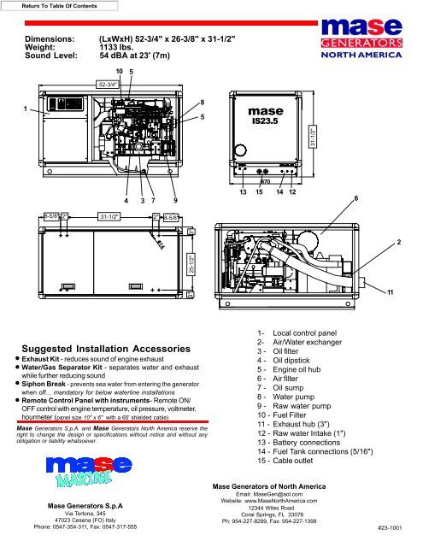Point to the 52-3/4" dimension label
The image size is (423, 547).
coord(108,85)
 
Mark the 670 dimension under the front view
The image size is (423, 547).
coord(265,181)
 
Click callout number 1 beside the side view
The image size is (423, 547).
coord(26,108)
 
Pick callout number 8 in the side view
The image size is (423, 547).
coord(201,103)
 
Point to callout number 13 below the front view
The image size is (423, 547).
coord(243,193)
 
